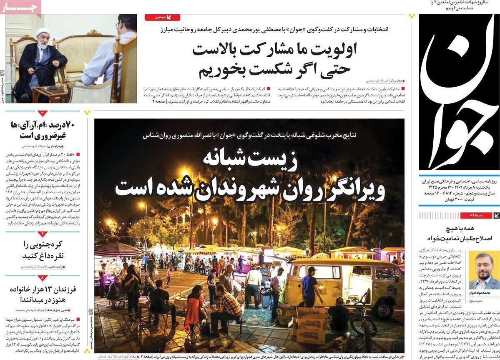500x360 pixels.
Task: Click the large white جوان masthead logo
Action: tap(459, 92)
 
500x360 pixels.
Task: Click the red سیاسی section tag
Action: tap(162, 18)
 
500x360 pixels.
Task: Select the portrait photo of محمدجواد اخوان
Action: tap(484, 270)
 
